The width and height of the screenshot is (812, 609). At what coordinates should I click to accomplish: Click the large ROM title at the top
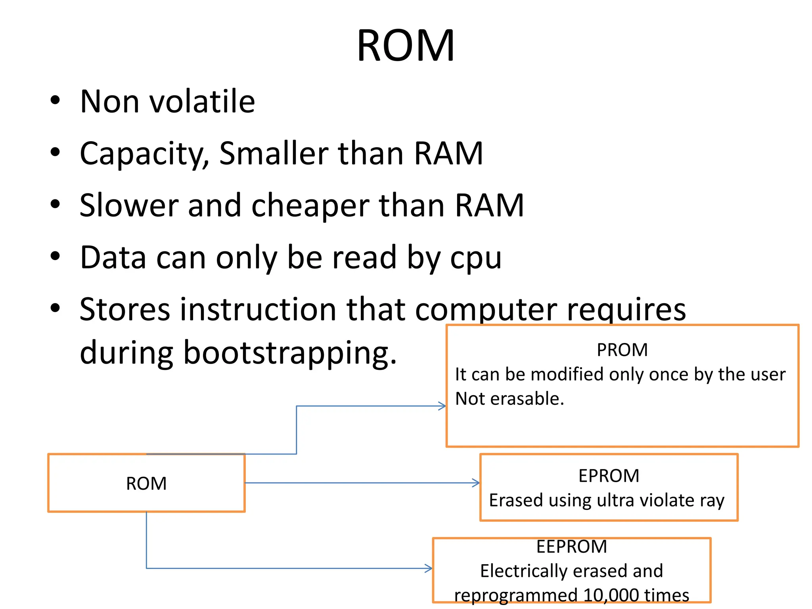tap(405, 46)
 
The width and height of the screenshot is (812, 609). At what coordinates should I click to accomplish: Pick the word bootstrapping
tap(289, 352)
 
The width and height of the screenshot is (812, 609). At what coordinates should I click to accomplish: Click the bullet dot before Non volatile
tap(55, 100)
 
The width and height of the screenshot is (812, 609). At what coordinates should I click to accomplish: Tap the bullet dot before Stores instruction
tap(55, 308)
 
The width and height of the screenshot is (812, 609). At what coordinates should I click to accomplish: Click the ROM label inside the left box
tap(146, 484)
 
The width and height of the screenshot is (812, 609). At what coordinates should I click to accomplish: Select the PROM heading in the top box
tap(622, 350)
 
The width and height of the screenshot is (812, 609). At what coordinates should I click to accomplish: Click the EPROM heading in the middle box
tap(609, 476)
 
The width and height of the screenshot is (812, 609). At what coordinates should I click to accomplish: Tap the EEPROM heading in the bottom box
tap(571, 547)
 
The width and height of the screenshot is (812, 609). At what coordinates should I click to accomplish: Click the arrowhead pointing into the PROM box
tap(442, 406)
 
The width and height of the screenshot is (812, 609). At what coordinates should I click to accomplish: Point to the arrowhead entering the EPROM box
tap(476, 483)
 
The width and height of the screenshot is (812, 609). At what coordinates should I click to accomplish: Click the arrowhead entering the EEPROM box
tap(429, 568)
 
